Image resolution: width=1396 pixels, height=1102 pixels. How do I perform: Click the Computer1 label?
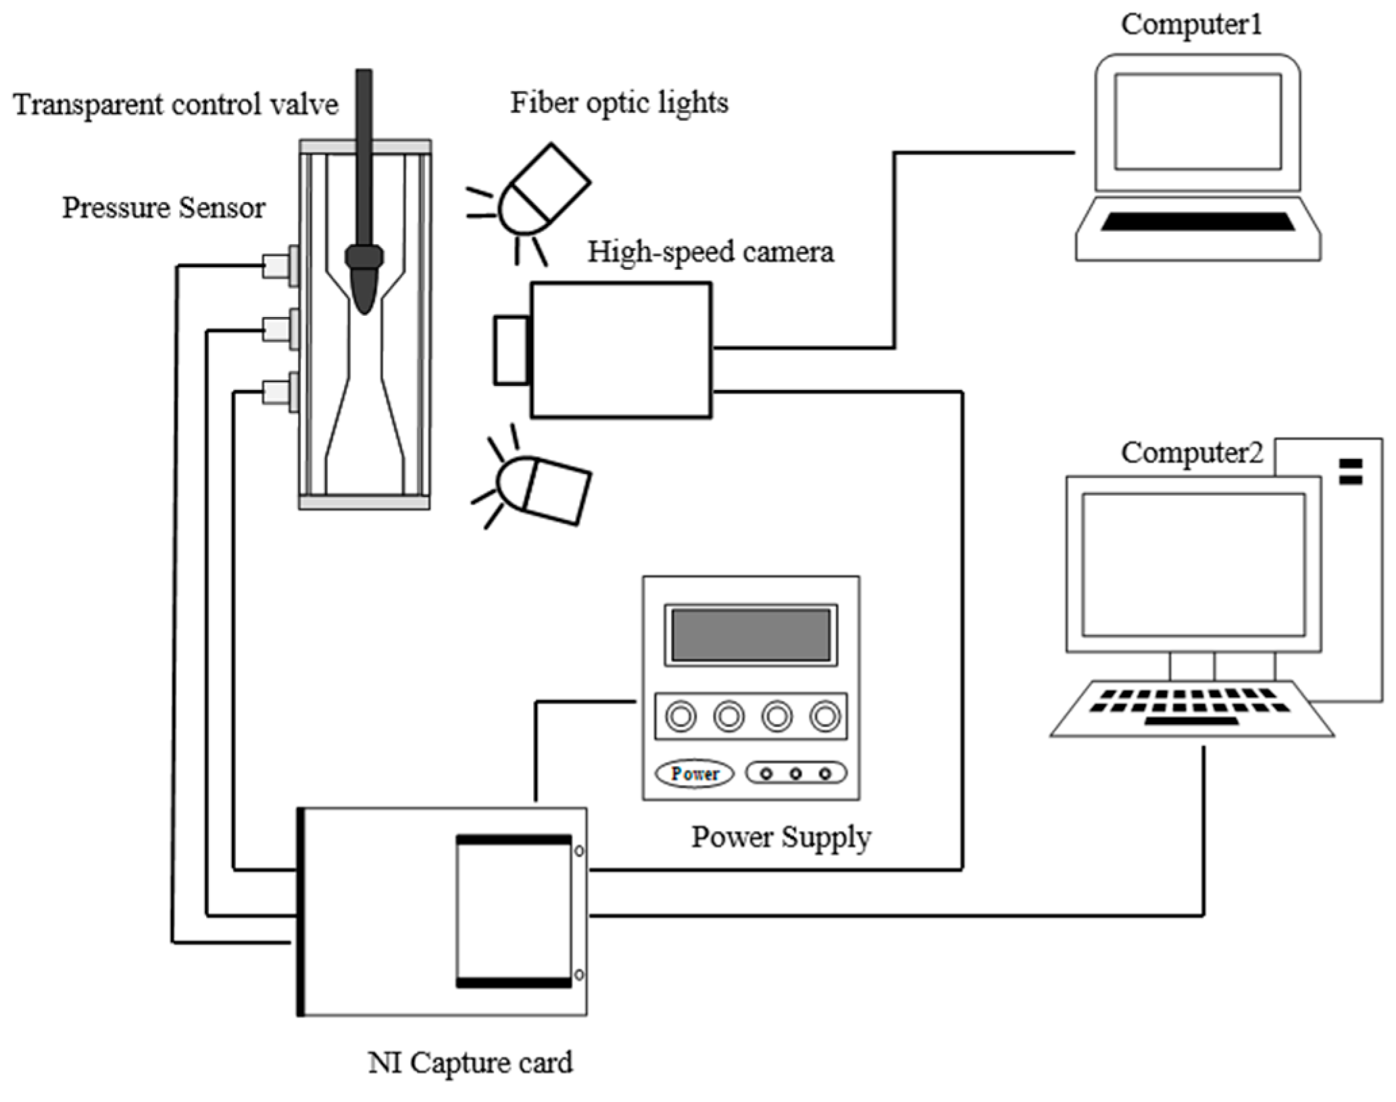(1191, 24)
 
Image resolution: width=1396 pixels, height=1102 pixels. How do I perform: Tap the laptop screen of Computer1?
(1198, 122)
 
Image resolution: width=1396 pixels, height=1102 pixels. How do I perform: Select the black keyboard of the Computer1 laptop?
(1198, 222)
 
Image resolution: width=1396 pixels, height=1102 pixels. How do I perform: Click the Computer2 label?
(1192, 453)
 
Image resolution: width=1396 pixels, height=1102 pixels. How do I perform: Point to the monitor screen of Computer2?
(1193, 565)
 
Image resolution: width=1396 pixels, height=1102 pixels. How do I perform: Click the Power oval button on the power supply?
(695, 773)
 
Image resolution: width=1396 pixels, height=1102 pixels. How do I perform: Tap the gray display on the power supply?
(751, 635)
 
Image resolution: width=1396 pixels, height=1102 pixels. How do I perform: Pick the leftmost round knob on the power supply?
(680, 716)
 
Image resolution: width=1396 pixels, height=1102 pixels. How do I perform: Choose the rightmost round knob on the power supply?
(825, 716)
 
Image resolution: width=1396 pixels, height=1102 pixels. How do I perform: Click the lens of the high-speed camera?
(511, 350)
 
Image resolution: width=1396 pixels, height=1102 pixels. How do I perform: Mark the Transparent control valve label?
(176, 105)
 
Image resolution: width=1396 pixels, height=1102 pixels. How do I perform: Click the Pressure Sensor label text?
(164, 208)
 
